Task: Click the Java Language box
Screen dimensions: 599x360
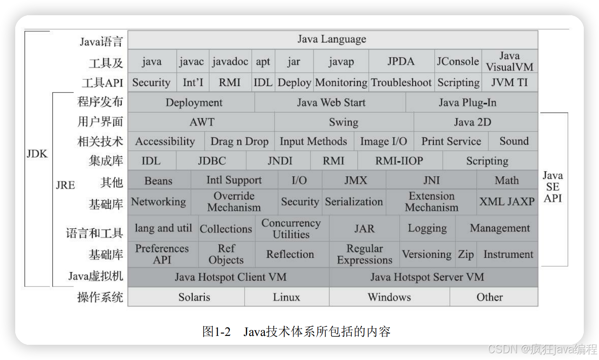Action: coord(332,39)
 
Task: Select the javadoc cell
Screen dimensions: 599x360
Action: coord(230,62)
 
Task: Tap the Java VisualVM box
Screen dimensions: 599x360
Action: coord(509,62)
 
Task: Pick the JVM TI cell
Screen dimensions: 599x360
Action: coord(509,82)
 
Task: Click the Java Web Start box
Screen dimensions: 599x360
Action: coord(331,103)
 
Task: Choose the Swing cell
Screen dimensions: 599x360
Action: coord(343,122)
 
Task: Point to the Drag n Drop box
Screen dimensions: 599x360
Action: coord(240,142)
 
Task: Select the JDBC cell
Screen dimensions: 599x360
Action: coord(212,161)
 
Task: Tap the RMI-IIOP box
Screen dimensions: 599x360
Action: coord(399,161)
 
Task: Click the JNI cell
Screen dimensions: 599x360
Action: coord(431,180)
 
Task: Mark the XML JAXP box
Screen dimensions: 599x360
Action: coord(507,202)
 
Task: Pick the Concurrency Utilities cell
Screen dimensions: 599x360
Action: coord(291,229)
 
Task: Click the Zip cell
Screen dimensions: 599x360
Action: coord(466,254)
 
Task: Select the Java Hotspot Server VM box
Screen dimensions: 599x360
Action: coord(427,277)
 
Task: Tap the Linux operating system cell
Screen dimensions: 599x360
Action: coord(286,297)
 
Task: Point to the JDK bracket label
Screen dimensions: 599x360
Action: coord(37,154)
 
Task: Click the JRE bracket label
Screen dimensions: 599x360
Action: coord(65,185)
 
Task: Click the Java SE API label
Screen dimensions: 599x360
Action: coord(553,187)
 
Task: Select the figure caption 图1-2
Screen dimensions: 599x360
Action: coord(216,331)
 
